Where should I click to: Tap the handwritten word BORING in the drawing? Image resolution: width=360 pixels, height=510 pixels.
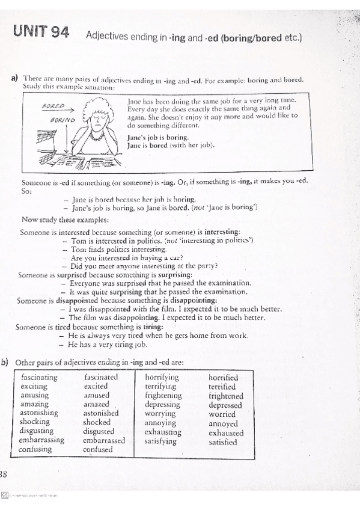click(64, 119)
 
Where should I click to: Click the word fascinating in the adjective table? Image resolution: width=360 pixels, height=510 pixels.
click(39, 377)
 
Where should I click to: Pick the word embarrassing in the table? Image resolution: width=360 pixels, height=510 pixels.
click(41, 440)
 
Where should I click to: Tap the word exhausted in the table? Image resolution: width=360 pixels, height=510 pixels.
click(226, 432)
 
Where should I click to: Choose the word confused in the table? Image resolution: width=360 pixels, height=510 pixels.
click(98, 449)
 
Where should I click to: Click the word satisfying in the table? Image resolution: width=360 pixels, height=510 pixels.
click(160, 441)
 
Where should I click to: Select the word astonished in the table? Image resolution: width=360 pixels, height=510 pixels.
click(101, 413)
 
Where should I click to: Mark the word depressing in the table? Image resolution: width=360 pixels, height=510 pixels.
click(162, 405)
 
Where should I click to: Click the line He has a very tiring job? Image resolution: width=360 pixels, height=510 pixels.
click(108, 345)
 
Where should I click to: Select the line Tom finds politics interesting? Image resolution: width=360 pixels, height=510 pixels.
click(118, 249)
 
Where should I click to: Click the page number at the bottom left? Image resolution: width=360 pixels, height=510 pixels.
click(3, 473)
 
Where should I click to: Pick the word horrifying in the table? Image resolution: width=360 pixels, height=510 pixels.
click(162, 378)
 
